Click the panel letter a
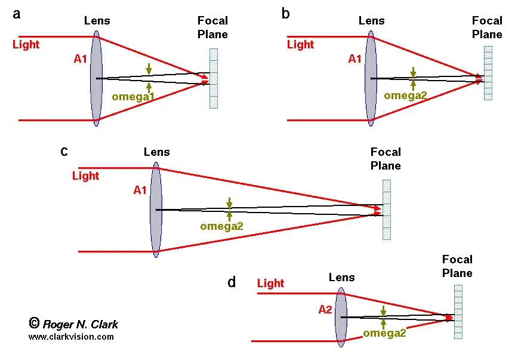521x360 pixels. (17, 14)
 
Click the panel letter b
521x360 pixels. (286, 14)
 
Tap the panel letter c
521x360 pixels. (64, 152)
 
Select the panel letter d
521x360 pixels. (232, 282)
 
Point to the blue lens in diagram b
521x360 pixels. (371, 79)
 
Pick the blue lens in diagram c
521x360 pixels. (156, 210)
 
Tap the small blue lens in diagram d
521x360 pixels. (341, 316)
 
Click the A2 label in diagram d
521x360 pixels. (325, 310)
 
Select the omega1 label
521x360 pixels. (134, 97)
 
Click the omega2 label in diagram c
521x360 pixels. (222, 226)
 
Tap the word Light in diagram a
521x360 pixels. (26, 45)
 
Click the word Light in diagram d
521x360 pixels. (270, 284)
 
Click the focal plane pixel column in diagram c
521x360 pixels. (387, 210)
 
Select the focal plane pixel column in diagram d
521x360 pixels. (458, 312)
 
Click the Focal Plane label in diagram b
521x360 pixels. (487, 27)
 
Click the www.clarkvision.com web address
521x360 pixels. (71, 337)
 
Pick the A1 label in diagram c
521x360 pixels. (140, 190)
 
